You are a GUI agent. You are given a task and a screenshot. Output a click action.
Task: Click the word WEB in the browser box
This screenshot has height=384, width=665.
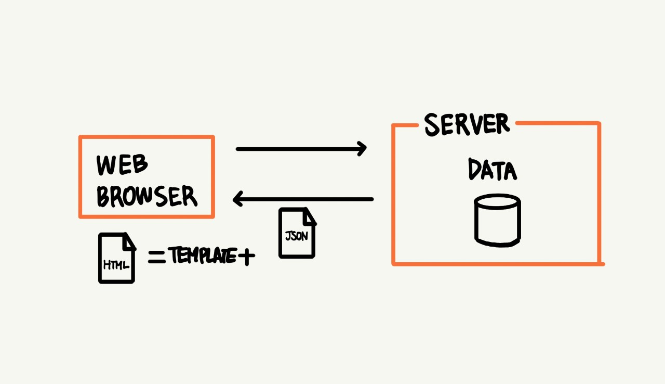[x=123, y=165]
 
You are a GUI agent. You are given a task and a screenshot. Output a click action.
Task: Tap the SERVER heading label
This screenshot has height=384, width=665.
[x=467, y=124]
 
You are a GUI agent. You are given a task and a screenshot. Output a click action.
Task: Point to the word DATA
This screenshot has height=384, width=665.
[x=492, y=170]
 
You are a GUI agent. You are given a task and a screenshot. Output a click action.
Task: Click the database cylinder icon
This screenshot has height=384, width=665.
[x=497, y=220]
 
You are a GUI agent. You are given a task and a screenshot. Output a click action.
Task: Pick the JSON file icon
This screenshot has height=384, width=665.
[x=297, y=233]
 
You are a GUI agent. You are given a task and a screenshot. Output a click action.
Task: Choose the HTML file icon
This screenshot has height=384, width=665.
[x=117, y=258]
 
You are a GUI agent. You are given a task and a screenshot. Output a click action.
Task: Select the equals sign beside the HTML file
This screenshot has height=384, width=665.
[x=156, y=257]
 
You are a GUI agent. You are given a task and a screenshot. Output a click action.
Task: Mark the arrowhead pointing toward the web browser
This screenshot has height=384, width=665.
[x=238, y=199]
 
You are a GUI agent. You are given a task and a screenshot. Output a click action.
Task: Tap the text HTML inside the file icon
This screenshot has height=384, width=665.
[x=115, y=265]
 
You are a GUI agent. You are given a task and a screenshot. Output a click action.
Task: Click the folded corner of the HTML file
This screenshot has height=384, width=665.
[x=129, y=241]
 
